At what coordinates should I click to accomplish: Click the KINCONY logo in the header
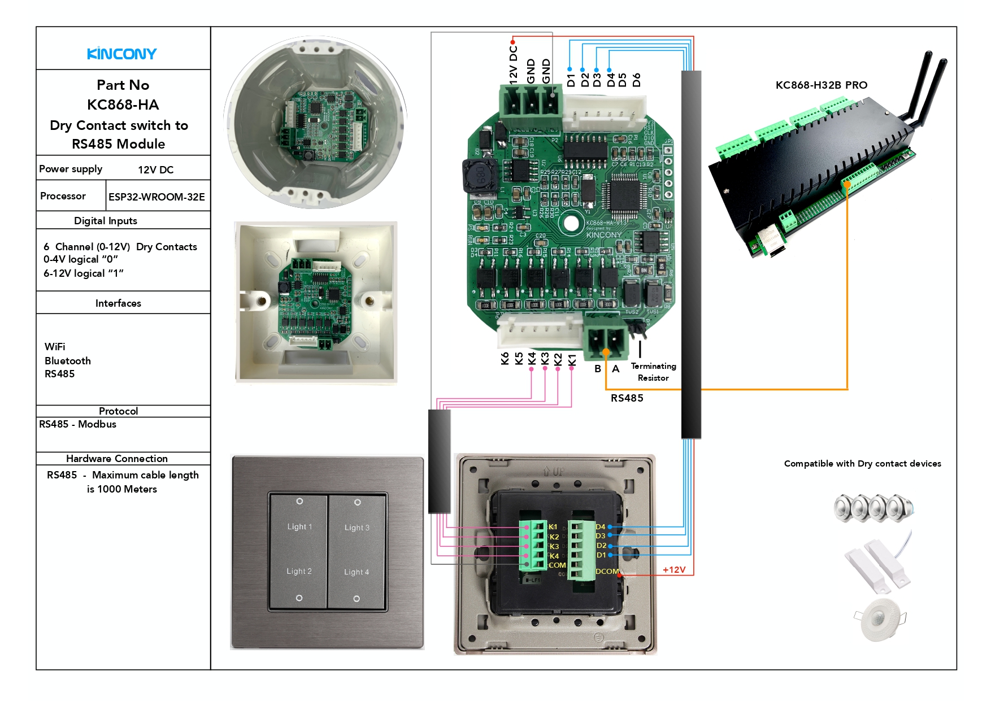click(x=122, y=54)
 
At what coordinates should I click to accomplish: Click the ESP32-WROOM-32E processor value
click(x=157, y=197)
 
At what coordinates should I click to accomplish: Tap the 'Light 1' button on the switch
click(x=299, y=526)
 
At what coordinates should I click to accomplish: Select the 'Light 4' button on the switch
click(x=357, y=572)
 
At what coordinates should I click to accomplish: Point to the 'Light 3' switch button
click(x=357, y=528)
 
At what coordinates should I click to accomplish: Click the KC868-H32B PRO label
click(x=821, y=85)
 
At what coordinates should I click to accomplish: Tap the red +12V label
click(x=674, y=569)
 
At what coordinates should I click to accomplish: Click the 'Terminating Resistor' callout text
click(x=653, y=372)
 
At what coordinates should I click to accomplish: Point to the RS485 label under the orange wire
click(x=627, y=398)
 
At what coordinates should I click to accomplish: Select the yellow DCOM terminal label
click(x=607, y=571)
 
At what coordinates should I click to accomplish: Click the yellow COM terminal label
click(x=557, y=565)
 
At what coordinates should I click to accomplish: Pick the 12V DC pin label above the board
click(x=513, y=65)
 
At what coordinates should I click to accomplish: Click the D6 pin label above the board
click(x=637, y=80)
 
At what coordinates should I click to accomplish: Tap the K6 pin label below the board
click(x=505, y=359)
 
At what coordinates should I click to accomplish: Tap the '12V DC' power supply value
click(x=155, y=169)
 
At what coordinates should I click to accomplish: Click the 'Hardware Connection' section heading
click(x=117, y=458)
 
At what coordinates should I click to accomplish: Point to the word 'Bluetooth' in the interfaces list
click(x=68, y=360)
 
